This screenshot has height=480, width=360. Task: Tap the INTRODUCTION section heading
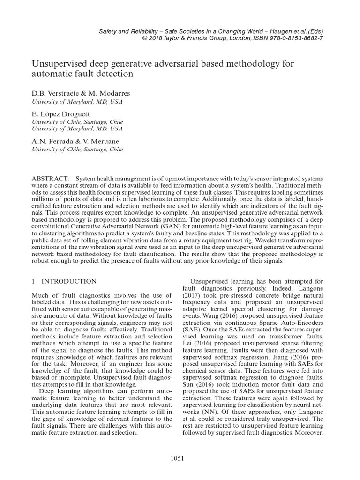pyautogui.click(x=69, y=281)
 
